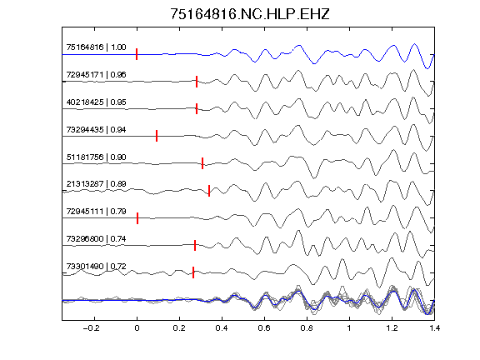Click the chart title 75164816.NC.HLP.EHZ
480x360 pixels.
(x=250, y=14)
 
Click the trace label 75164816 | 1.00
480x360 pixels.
(x=96, y=47)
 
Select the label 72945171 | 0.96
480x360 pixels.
(x=96, y=75)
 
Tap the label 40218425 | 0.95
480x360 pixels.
(x=96, y=102)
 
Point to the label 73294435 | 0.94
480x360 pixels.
(x=96, y=129)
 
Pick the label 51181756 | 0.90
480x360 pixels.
(x=96, y=157)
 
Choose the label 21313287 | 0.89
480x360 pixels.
(x=96, y=183)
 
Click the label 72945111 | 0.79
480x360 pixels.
(x=96, y=211)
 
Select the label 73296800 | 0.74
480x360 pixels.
(x=96, y=239)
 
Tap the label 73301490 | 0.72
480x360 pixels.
(x=96, y=267)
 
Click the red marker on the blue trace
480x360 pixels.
(x=137, y=54)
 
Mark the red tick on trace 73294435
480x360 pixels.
(x=157, y=136)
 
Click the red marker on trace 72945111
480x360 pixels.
(x=137, y=218)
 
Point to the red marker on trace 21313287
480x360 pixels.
(x=209, y=191)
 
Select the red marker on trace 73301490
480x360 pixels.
(x=193, y=272)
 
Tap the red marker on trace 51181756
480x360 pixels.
(x=202, y=163)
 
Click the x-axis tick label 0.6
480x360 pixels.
(x=264, y=328)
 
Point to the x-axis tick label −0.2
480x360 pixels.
(x=91, y=328)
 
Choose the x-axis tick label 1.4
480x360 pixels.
(x=434, y=328)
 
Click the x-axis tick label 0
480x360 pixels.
(x=137, y=328)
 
